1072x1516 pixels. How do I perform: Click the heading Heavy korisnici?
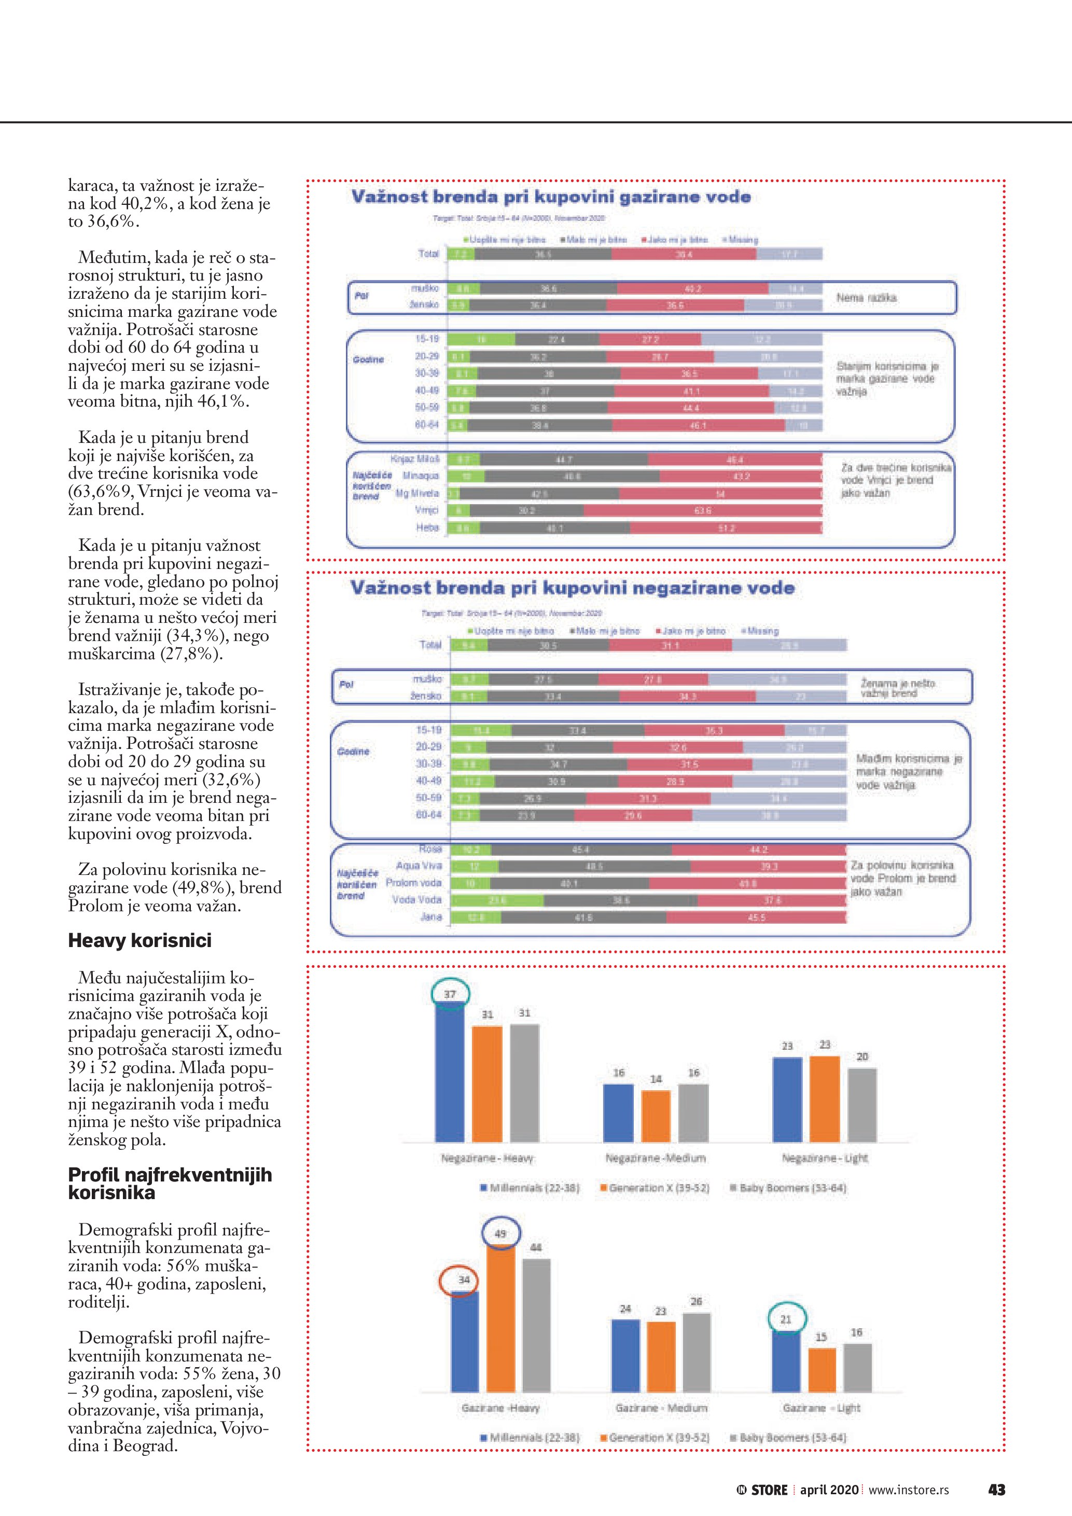click(x=140, y=940)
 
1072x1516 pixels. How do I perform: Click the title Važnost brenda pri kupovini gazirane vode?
click(x=551, y=197)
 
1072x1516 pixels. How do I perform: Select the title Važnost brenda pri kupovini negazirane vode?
click(x=572, y=588)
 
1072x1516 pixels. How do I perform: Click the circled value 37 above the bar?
click(x=450, y=994)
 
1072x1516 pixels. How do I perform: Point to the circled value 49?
click(x=500, y=1233)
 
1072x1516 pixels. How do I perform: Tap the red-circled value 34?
click(x=464, y=1279)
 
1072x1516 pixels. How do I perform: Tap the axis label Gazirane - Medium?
click(x=661, y=1408)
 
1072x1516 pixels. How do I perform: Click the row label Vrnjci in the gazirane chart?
click(x=426, y=510)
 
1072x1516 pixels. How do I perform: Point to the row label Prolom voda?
click(x=414, y=883)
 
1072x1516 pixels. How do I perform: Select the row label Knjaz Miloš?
click(x=415, y=459)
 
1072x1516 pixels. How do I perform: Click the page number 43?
click(x=996, y=1490)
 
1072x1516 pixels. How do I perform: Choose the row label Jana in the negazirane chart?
click(x=431, y=917)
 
